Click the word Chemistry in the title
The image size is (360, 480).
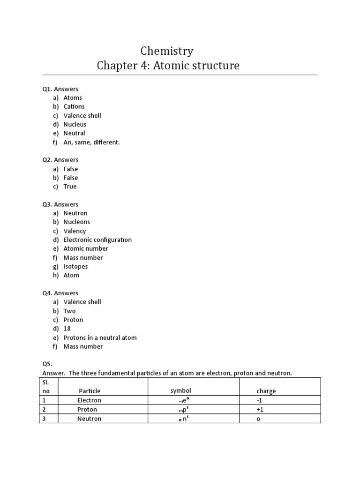(x=167, y=51)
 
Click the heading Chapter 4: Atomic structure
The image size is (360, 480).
(x=168, y=66)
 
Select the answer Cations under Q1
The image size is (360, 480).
(x=74, y=106)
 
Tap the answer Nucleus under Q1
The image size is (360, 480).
(x=75, y=124)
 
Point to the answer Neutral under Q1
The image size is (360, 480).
(x=75, y=133)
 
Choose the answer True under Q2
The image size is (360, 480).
(x=70, y=187)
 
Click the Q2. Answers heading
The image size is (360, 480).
(x=60, y=160)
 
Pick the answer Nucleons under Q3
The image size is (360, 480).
(x=77, y=222)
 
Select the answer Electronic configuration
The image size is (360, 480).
(x=97, y=240)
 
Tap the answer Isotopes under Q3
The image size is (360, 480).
(x=76, y=266)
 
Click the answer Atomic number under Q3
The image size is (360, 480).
(x=86, y=248)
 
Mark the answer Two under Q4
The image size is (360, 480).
(x=69, y=311)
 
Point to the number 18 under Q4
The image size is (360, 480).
(x=67, y=329)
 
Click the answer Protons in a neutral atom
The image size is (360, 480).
(x=100, y=337)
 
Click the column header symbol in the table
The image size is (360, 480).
(x=180, y=390)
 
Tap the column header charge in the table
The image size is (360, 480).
(x=266, y=391)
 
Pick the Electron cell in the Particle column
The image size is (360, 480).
(x=89, y=400)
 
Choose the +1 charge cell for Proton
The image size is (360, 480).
(x=260, y=409)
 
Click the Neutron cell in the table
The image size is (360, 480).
(x=89, y=419)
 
